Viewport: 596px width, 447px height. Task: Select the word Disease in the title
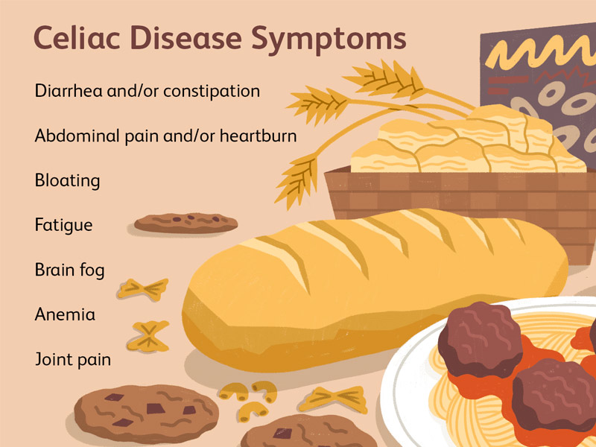point(187,38)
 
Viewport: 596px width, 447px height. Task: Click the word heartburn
point(258,136)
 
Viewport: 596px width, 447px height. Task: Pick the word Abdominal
point(77,136)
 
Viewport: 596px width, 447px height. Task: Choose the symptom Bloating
point(67,181)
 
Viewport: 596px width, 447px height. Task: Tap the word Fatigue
point(63,226)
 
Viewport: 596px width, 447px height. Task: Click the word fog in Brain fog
point(92,270)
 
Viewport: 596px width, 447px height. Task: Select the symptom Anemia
point(65,314)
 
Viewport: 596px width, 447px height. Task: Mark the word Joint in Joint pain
point(52,360)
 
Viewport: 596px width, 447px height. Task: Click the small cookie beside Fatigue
point(186,223)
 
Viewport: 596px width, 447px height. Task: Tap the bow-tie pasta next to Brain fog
point(143,289)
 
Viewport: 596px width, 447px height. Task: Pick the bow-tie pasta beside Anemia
point(148,336)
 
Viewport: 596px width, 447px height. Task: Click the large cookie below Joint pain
point(146,414)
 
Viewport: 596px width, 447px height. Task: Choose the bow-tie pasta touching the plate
point(334,399)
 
